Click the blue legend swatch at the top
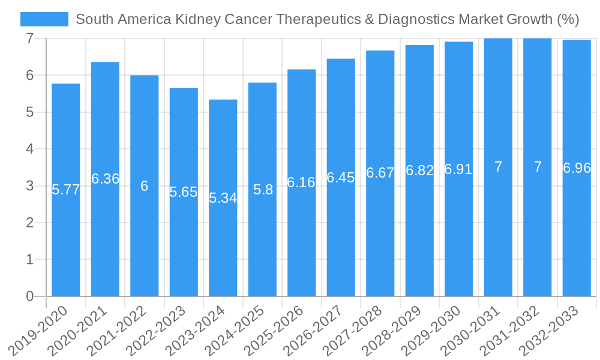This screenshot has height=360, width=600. pos(44,19)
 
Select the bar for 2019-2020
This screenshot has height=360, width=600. pos(66,190)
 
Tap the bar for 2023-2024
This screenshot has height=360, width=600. pos(223,197)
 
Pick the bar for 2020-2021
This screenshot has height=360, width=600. pos(105,179)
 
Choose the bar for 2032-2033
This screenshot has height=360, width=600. pos(577,168)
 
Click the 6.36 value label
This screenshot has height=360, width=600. pos(105,179)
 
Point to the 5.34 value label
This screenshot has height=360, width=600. pos(223,198)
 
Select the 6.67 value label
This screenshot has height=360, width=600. pos(380,173)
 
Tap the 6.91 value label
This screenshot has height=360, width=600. pos(458,169)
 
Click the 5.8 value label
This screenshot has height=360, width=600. pos(263,190)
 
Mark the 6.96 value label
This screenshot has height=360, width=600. pos(577,168)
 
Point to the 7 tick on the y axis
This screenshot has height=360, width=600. pos(29,38)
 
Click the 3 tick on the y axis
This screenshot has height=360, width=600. pos(29,186)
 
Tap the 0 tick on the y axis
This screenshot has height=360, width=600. pos(29,296)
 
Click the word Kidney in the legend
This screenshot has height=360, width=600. pos(198,19)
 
